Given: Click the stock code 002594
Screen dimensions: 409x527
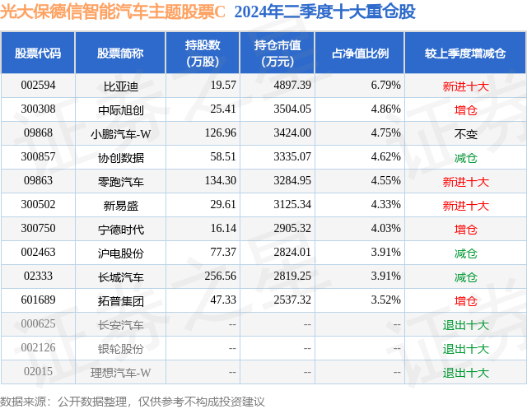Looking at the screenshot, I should [38, 85].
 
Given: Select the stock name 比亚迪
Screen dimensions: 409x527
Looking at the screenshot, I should [120, 85].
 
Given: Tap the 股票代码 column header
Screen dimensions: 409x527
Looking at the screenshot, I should [38, 53].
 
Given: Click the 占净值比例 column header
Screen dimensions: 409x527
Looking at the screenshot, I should [360, 53].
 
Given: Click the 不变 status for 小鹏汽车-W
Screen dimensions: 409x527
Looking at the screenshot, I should [465, 133].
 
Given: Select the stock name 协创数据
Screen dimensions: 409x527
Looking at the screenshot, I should [120, 157].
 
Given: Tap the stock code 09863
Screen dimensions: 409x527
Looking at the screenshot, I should [38, 181].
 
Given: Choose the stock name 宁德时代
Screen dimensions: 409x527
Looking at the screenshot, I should [120, 229].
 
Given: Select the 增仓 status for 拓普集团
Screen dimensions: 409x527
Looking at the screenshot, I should [465, 300].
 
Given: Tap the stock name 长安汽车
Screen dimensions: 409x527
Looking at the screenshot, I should [120, 324].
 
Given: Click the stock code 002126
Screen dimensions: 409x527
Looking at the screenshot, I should [38, 348].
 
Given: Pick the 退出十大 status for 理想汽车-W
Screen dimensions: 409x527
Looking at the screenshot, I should [465, 372].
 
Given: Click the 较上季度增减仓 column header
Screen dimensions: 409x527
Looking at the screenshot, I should [465, 53].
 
